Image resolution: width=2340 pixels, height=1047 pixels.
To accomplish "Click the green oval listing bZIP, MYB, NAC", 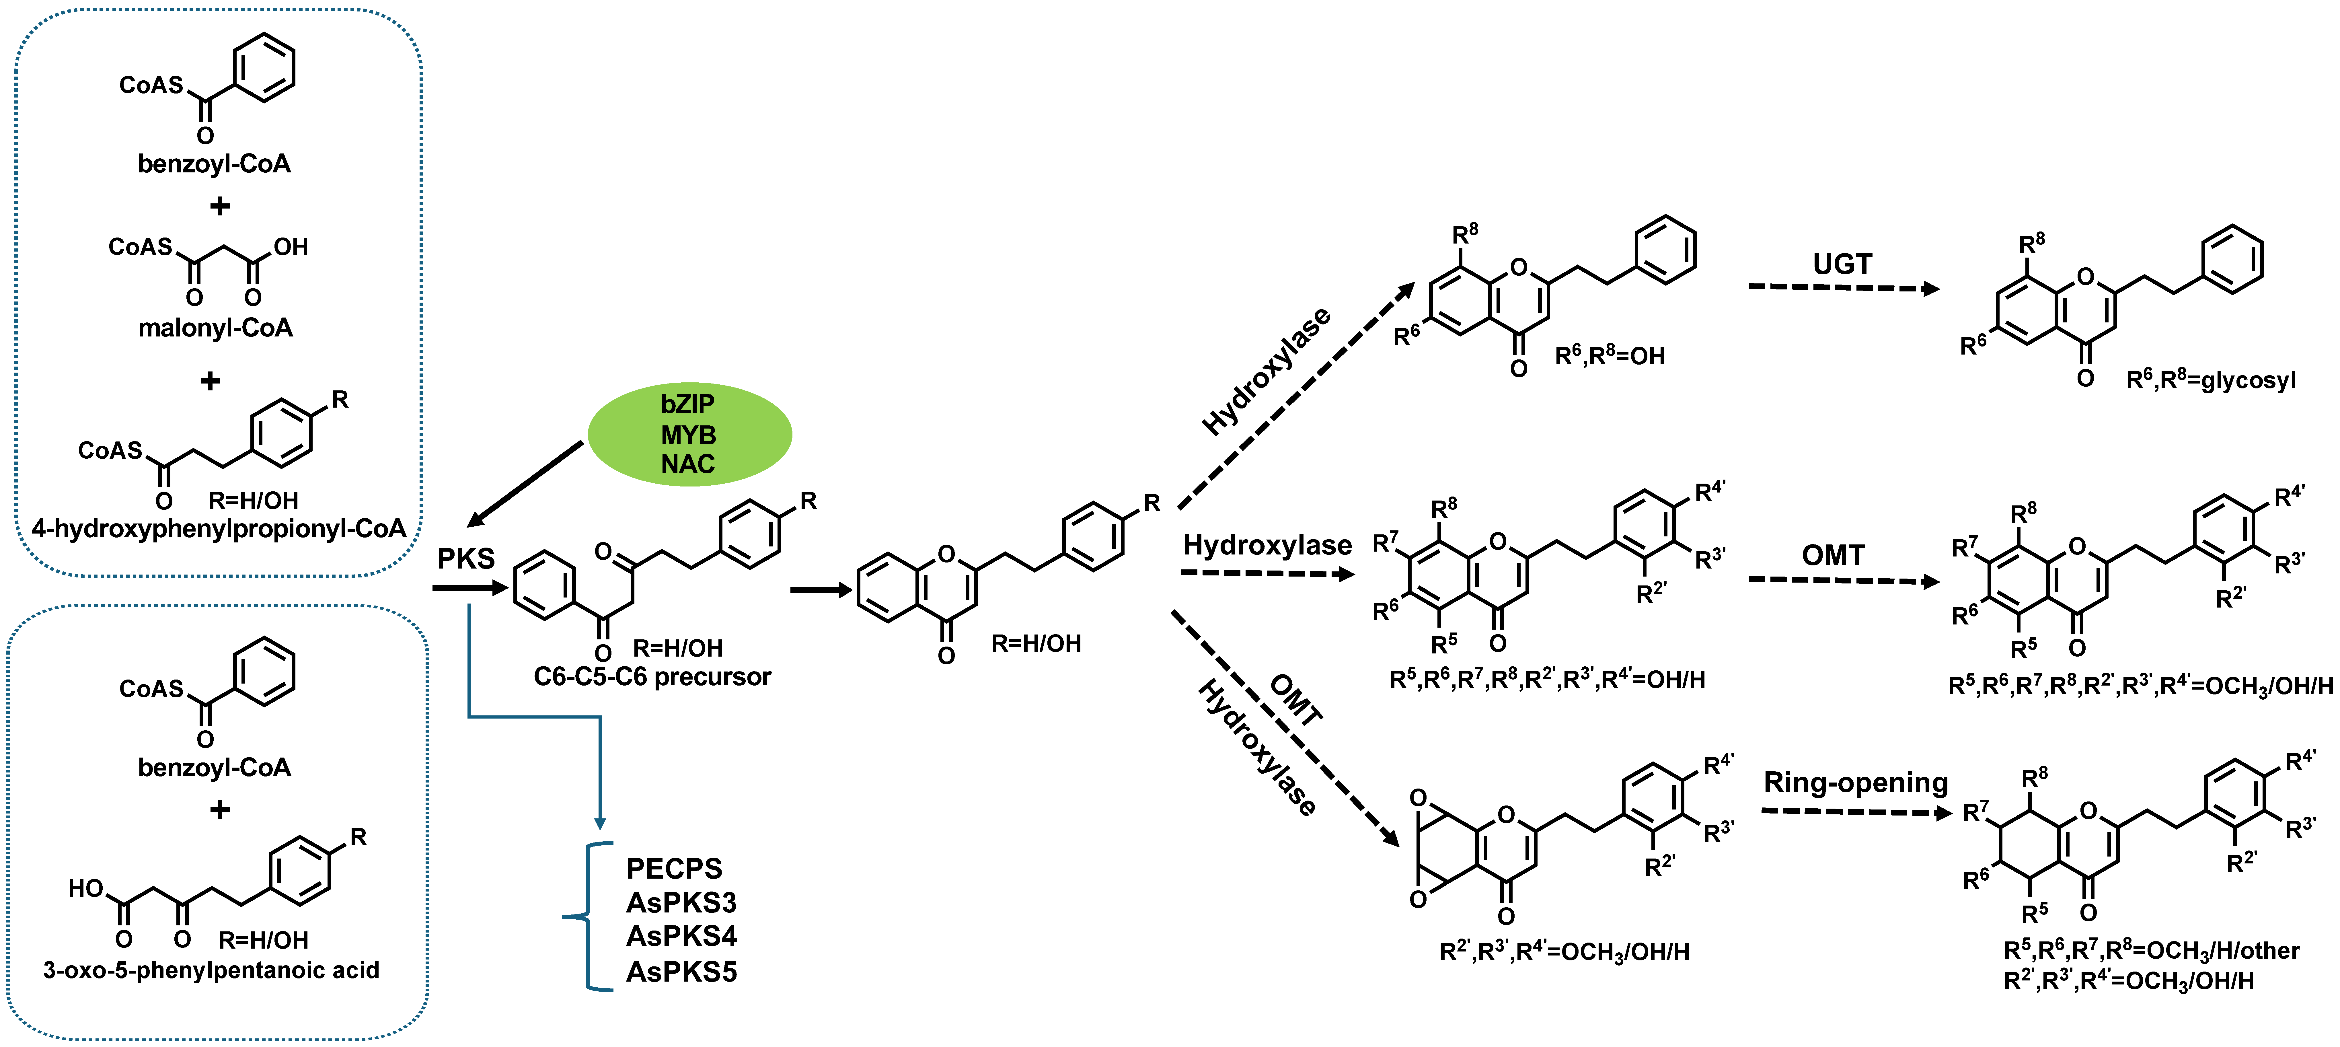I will (689, 434).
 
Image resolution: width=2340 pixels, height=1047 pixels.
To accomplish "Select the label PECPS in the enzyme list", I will (674, 869).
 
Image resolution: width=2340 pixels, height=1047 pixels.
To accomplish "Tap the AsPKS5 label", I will (681, 972).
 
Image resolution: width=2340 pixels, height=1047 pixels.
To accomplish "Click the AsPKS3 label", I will (681, 902).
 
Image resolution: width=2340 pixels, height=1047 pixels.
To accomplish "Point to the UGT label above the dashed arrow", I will (1842, 264).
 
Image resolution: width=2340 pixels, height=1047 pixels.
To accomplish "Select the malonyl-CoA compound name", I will (215, 328).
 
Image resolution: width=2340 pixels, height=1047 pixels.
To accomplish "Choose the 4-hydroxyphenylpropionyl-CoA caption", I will (219, 529).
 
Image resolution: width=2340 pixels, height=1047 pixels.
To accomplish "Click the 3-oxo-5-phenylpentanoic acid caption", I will (212, 971).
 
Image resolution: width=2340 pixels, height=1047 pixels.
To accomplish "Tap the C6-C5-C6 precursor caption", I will (652, 677).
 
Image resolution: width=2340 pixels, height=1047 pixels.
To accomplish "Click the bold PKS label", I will (466, 558).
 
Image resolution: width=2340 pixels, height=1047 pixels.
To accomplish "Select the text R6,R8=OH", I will (1610, 356).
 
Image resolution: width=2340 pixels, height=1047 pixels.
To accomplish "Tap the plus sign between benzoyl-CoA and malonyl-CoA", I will (219, 206).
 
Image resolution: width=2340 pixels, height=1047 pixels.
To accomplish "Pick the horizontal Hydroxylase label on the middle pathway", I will (1267, 545).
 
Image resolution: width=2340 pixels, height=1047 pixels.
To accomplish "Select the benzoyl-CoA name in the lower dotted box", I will (214, 768).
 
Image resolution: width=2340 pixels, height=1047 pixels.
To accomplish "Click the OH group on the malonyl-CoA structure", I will (291, 247).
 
